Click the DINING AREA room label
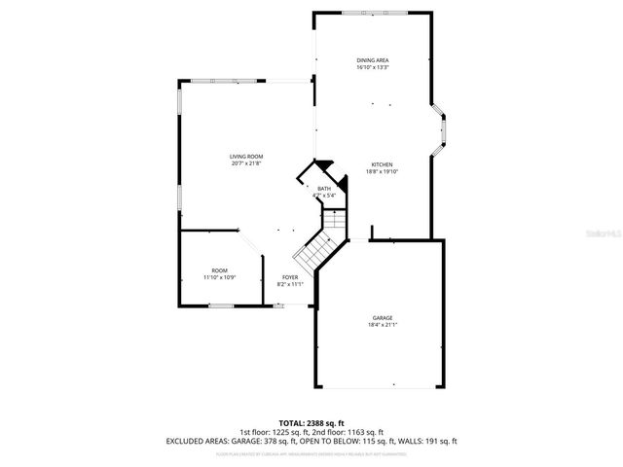(372, 60)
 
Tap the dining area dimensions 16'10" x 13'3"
(372, 68)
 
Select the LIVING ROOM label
(246, 156)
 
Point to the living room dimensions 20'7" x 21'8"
(246, 163)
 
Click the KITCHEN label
(382, 164)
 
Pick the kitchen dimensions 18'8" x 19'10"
(382, 172)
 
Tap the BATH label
(324, 188)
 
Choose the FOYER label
(291, 277)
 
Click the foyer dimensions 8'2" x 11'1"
(291, 285)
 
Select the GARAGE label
(382, 317)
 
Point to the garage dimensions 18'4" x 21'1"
(382, 325)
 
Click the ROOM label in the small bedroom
(220, 269)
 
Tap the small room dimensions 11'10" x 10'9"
(220, 277)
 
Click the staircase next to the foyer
(317, 251)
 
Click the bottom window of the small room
(221, 306)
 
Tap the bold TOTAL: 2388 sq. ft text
(311, 423)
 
